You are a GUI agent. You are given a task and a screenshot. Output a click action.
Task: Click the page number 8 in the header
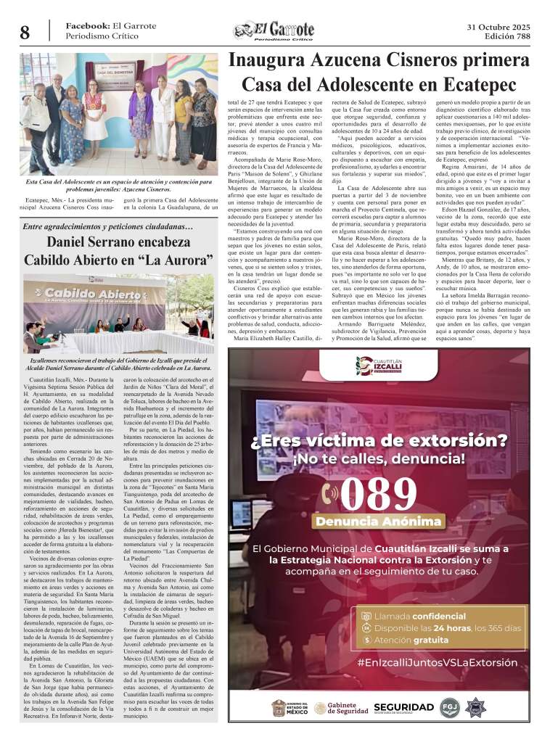25,32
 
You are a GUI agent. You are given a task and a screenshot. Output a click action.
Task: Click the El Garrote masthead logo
274,30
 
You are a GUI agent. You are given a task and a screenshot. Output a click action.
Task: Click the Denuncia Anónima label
377,522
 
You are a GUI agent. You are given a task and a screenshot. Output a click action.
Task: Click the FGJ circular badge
449,707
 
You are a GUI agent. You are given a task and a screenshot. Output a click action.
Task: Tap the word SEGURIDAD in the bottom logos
404,706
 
